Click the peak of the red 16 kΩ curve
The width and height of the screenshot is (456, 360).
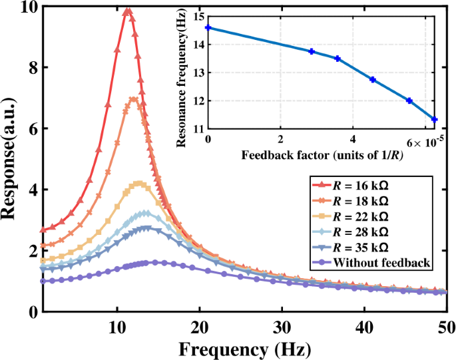[127, 9]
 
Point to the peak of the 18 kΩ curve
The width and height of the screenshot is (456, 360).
[134, 99]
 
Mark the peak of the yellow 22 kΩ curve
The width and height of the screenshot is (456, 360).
[138, 182]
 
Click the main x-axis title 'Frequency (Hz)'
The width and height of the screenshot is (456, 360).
[244, 349]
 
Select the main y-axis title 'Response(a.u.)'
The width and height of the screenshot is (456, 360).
[14, 159]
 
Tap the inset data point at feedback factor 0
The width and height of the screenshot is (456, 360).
[208, 28]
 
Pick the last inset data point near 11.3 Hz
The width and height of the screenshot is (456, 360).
[435, 120]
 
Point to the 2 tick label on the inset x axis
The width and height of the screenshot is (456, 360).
[281, 140]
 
